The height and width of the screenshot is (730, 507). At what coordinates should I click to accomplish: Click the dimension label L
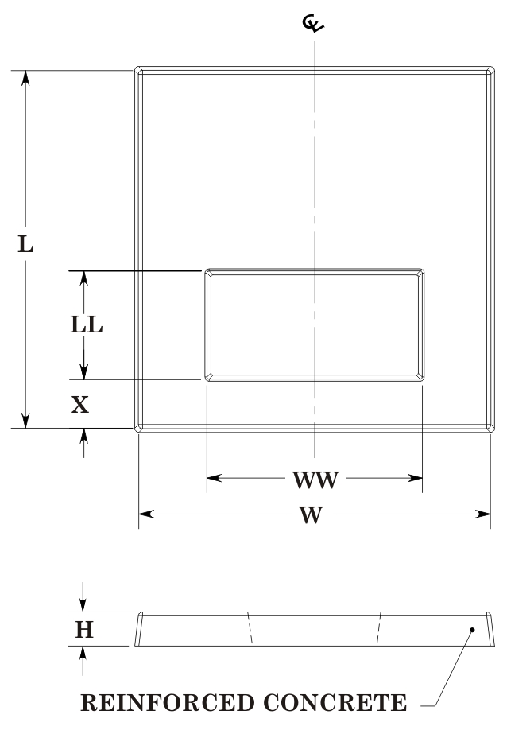tap(26, 244)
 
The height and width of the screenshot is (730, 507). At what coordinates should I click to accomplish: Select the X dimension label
tap(79, 405)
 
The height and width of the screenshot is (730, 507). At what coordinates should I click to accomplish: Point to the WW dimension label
tap(315, 480)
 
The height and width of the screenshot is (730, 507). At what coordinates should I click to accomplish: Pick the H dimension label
tap(84, 630)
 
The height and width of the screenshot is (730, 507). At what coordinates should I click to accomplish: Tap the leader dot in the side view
tap(472, 630)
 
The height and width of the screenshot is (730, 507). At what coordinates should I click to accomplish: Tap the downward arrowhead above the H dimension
tap(84, 606)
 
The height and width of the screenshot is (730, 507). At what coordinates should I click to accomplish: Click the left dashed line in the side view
tap(251, 628)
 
